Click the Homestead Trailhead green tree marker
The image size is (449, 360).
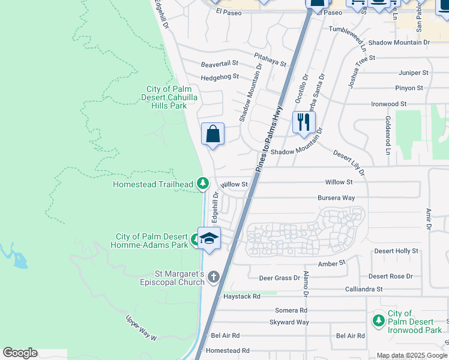[x=203, y=183]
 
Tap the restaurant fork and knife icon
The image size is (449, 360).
[x=303, y=122]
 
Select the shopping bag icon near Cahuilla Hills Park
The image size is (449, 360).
[x=213, y=133]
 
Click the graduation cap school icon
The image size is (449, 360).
[x=209, y=238]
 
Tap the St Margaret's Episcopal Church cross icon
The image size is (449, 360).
[x=214, y=277]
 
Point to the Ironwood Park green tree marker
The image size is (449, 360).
[x=378, y=322]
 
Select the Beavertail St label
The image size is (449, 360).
[x=220, y=63]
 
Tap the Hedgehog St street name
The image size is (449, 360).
[x=220, y=77]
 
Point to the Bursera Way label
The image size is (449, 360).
[x=336, y=197]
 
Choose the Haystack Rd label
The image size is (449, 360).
[x=241, y=296]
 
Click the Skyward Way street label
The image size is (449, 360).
[x=289, y=322]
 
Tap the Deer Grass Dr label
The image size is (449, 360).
[x=279, y=278]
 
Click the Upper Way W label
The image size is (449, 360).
[x=141, y=328]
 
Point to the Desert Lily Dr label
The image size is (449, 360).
[x=349, y=164]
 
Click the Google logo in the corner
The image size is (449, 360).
[x=20, y=353]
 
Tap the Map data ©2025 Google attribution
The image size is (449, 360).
[x=412, y=355]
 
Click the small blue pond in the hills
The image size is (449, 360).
[x=19, y=260]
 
